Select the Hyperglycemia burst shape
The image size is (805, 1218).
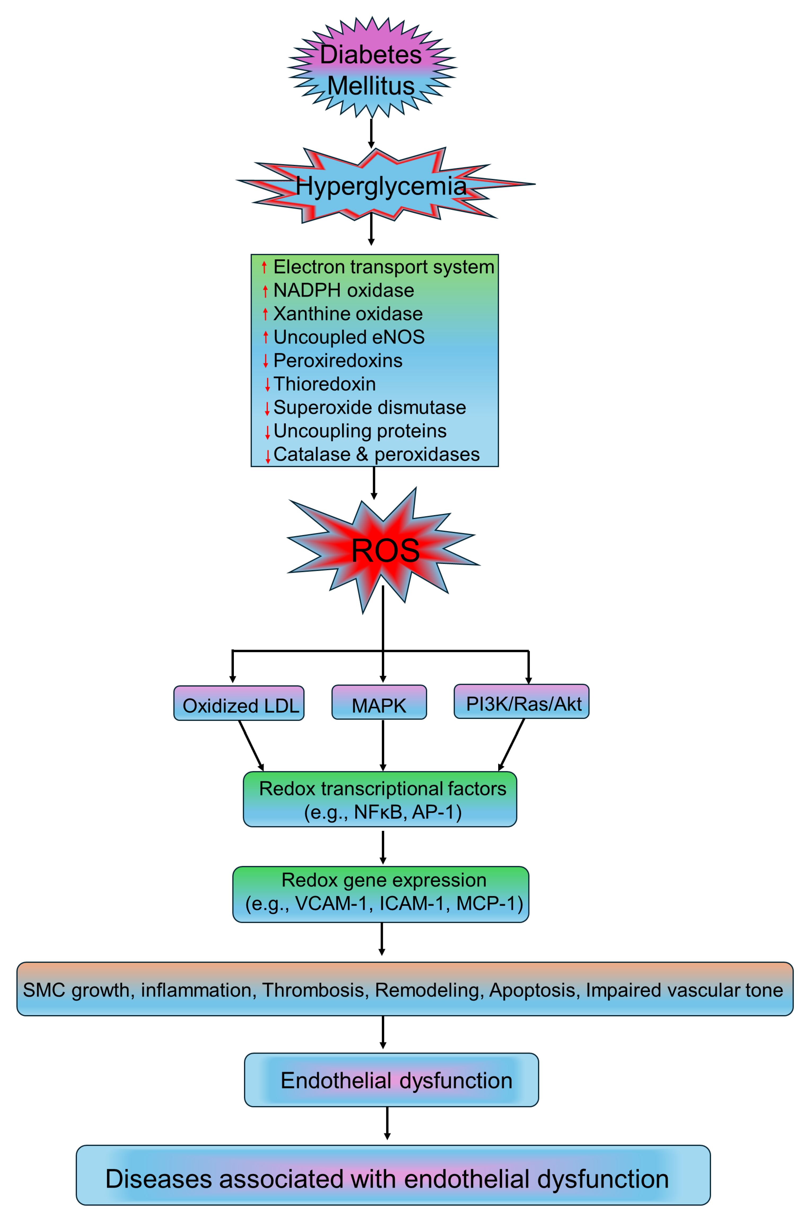click(380, 186)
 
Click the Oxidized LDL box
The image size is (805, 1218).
click(239, 704)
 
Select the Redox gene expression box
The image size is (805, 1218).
click(381, 894)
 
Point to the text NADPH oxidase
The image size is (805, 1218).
click(343, 291)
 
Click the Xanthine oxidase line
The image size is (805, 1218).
click(348, 314)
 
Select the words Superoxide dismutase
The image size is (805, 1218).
click(370, 408)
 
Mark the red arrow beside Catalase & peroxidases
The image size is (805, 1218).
click(268, 456)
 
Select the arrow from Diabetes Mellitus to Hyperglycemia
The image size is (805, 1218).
click(371, 133)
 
